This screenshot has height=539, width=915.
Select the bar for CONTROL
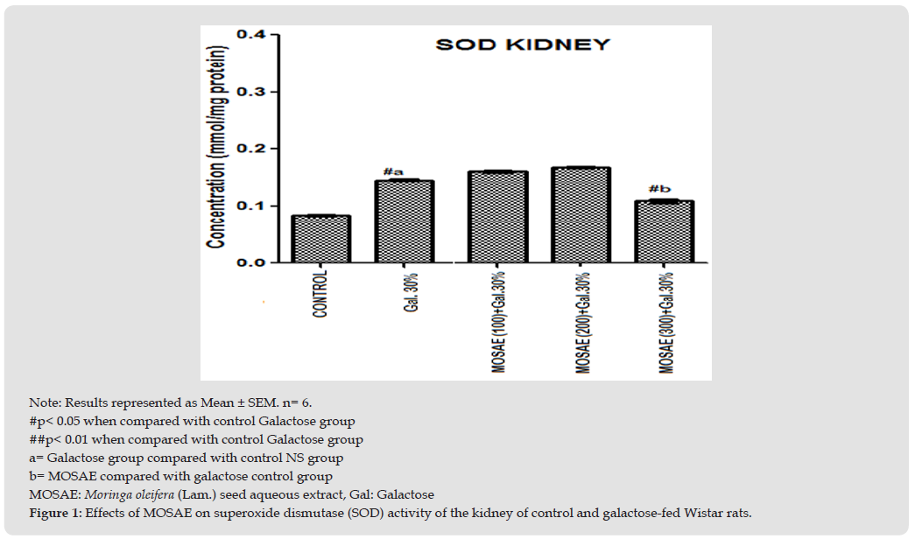point(320,239)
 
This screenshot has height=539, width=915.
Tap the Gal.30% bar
point(404,221)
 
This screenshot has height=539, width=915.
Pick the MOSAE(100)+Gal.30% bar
point(496,216)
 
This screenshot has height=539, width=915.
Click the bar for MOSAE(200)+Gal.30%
point(581,214)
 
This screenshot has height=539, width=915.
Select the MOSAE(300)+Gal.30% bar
point(664,232)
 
